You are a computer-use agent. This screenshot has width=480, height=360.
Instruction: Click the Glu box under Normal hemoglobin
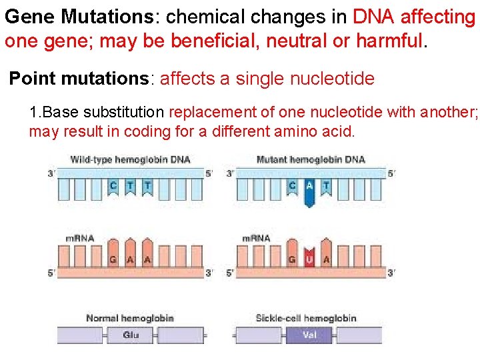click(x=131, y=335)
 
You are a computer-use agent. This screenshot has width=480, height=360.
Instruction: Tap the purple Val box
click(x=309, y=335)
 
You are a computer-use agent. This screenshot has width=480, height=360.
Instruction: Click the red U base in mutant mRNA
click(x=309, y=259)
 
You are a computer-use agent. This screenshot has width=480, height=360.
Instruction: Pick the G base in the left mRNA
click(x=113, y=259)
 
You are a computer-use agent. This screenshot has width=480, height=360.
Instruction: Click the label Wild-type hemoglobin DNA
click(x=130, y=159)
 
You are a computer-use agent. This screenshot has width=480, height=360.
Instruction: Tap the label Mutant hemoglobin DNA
click(x=311, y=159)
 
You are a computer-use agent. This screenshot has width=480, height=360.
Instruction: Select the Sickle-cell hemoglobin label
click(x=306, y=318)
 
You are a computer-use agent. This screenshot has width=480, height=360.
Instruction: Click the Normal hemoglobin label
click(x=129, y=318)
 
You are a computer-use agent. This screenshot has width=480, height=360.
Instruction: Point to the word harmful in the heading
click(x=389, y=41)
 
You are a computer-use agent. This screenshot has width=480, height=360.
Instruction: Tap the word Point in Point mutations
click(x=31, y=79)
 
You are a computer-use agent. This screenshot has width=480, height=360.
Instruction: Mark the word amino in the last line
click(x=287, y=131)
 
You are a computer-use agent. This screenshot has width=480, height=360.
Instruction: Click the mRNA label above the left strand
click(x=80, y=238)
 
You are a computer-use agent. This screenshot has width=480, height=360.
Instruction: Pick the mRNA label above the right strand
click(x=256, y=238)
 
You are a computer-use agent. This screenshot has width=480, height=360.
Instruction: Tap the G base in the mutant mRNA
click(x=292, y=259)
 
